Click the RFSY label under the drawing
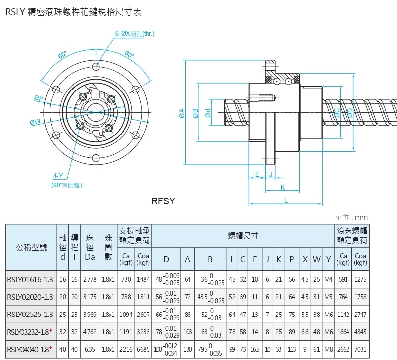pyautogui.click(x=164, y=201)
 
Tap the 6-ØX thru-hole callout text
pyautogui.click(x=135, y=34)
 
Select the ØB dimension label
pyautogui.click(x=195, y=114)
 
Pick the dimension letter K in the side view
pyautogui.click(x=282, y=187)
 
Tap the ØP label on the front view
pyautogui.click(x=38, y=98)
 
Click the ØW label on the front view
pyautogui.click(x=35, y=122)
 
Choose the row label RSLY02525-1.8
pyautogui.click(x=30, y=315)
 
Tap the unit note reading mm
pyautogui.click(x=361, y=217)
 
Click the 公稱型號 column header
pyautogui.click(x=31, y=247)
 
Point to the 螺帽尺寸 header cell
pyautogui.click(x=243, y=235)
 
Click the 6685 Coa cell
pyautogui.click(x=143, y=350)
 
